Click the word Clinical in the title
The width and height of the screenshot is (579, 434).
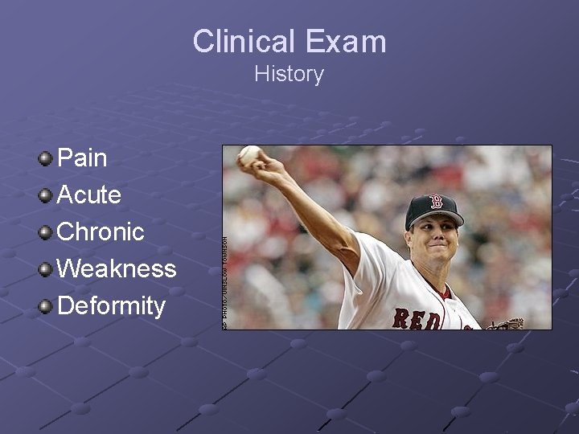[243, 42]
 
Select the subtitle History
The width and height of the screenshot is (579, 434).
[289, 74]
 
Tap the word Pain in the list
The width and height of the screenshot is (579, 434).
[82, 158]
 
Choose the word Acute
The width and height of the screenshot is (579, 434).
[89, 194]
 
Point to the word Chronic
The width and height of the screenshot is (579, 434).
[101, 231]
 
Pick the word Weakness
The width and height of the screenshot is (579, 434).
[117, 268]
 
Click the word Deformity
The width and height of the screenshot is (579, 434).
[111, 305]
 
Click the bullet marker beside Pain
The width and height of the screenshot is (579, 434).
[46, 158]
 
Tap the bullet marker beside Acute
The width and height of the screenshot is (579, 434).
[46, 194]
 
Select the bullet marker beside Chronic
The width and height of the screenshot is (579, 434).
[46, 231]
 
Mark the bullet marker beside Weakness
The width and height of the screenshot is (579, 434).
[46, 268]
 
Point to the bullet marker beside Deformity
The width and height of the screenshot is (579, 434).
[46, 305]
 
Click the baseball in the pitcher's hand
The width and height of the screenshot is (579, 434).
[250, 154]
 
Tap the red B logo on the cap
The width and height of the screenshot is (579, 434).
[437, 202]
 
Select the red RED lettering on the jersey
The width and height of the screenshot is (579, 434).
[417, 318]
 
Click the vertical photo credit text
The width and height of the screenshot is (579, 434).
[225, 276]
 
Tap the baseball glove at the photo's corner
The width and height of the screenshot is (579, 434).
[507, 324]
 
